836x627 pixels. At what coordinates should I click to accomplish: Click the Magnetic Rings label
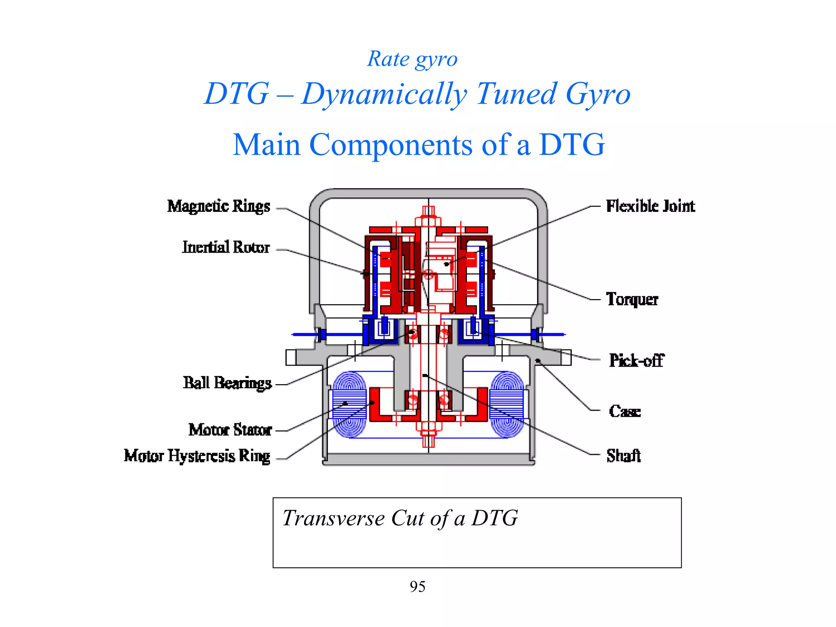tap(218, 207)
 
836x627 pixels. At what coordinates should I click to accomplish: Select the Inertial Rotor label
tap(226, 247)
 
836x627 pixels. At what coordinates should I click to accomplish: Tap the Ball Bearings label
tap(227, 383)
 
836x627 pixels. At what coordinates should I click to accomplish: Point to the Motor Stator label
tap(230, 429)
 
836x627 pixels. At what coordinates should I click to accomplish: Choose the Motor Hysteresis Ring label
tap(197, 456)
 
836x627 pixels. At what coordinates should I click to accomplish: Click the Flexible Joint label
tap(650, 206)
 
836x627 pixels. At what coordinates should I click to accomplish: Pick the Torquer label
tap(632, 299)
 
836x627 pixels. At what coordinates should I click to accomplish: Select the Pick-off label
tap(636, 360)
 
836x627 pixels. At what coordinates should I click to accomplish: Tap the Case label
tap(625, 411)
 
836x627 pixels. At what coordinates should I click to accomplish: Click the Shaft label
tap(623, 456)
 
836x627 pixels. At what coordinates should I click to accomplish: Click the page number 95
tap(418, 587)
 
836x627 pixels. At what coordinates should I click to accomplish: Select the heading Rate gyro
tap(412, 59)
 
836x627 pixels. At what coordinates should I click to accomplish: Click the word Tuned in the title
tap(516, 94)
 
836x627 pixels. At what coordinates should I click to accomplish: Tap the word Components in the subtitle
tap(391, 145)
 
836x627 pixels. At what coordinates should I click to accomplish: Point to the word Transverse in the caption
tap(334, 518)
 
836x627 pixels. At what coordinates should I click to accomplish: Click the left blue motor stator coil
tap(349, 404)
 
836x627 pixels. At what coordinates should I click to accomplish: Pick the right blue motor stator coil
tap(507, 404)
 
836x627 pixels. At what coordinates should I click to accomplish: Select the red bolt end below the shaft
tap(428, 441)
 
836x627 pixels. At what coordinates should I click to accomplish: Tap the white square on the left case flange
tap(291, 358)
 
